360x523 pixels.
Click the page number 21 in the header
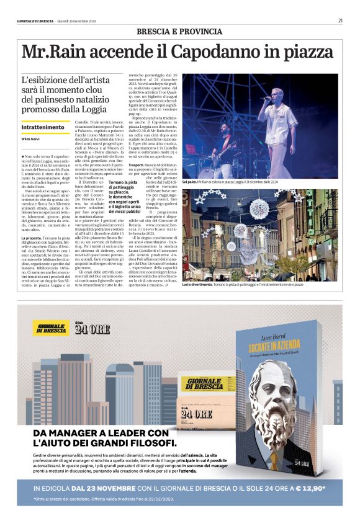(x=341, y=20)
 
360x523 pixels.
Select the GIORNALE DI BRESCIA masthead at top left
(x=35, y=20)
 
